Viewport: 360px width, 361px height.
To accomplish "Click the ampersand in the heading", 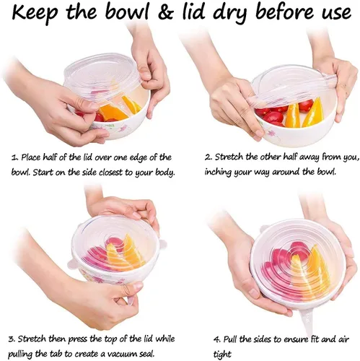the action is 165,12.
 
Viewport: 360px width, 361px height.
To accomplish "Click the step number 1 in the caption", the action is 14,158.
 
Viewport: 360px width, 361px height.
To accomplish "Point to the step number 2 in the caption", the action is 208,157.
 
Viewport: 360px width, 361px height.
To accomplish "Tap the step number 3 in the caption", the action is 12,339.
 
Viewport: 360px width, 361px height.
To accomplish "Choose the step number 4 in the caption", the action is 216,339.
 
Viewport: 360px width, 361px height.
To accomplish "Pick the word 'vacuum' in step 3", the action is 122,355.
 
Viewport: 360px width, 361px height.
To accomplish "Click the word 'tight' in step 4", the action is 222,355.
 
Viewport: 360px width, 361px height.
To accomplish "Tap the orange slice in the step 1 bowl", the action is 113,113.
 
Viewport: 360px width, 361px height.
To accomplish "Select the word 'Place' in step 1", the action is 32,157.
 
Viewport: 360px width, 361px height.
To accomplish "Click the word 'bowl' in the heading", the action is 130,12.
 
